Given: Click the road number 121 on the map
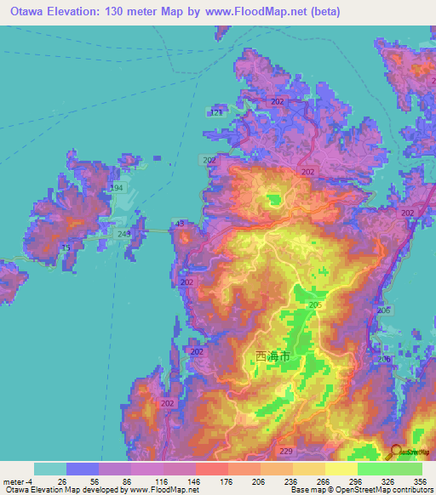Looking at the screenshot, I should pos(216,112).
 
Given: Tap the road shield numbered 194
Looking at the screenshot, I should pos(117,187).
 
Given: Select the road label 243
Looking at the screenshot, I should pos(124,233).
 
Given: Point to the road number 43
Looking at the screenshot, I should pos(179,225).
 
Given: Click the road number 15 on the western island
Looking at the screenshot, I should pos(66,247).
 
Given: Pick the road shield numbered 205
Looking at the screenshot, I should pos(315,304).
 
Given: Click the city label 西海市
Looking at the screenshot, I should pos(278,358).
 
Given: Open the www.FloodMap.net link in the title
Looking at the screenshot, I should pos(331,11).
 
